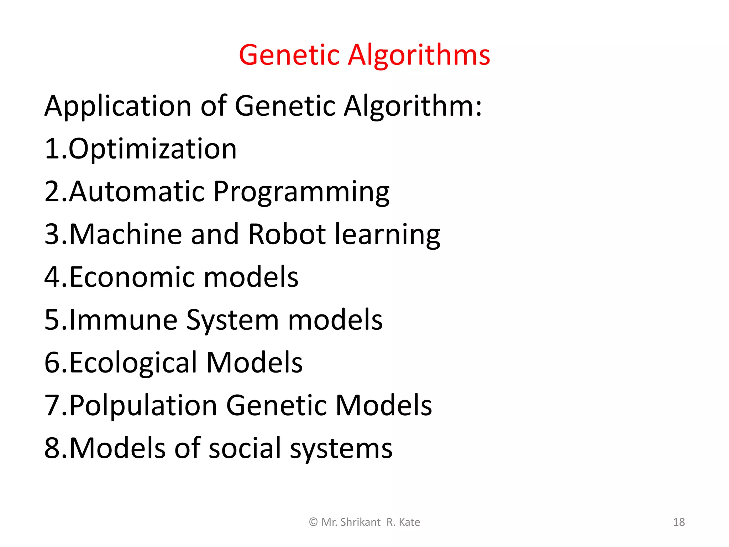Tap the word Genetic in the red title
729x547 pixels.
[289, 55]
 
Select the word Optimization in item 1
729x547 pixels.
[152, 149]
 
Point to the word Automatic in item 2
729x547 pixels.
[137, 192]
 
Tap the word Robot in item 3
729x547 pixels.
[287, 234]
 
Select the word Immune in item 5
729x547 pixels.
[123, 320]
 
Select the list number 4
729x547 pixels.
[52, 277]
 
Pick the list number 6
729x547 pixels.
[52, 363]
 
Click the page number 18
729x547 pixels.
[679, 522]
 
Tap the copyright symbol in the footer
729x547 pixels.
[313, 522]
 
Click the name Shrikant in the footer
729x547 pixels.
[360, 522]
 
